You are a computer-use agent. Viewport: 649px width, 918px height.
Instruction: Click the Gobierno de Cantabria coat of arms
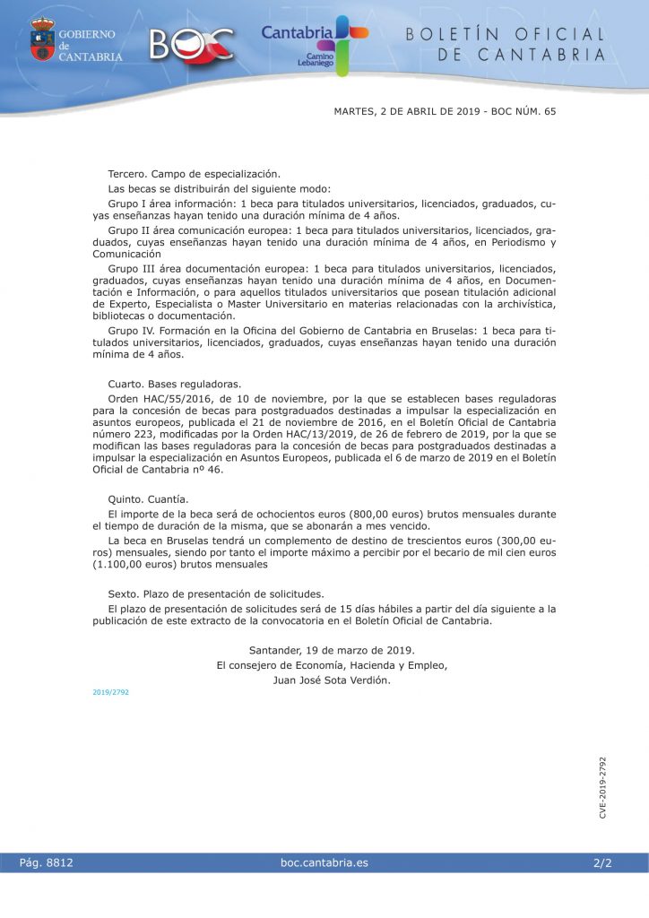[x=42, y=39]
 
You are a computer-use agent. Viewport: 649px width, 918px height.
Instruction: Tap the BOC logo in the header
[x=192, y=43]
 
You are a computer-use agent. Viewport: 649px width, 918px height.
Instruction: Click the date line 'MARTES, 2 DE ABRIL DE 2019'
[x=405, y=112]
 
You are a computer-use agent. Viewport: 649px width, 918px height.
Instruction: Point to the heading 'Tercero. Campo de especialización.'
[x=194, y=173]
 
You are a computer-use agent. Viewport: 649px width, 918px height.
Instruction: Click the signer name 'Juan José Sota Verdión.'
[x=332, y=680]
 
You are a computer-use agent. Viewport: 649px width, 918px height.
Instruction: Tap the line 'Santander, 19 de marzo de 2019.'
[x=332, y=649]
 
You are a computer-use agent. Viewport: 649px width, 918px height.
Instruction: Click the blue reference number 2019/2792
[x=110, y=692]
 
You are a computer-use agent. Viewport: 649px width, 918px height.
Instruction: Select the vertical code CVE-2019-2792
[x=603, y=787]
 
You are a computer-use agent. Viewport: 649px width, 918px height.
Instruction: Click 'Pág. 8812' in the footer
[x=46, y=862]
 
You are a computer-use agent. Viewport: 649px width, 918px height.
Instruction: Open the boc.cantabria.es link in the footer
[x=324, y=862]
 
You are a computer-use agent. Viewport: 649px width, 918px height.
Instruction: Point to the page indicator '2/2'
[x=601, y=862]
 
